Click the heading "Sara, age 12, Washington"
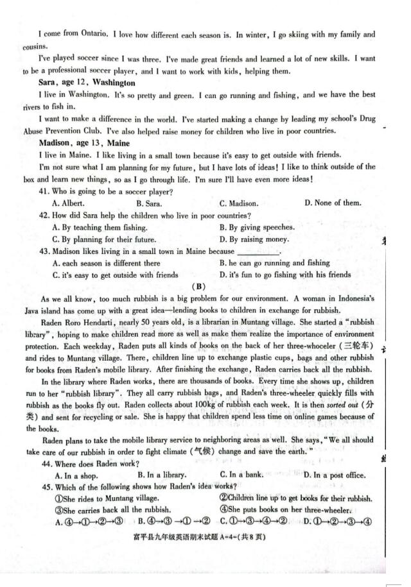87,83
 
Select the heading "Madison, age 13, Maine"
84,143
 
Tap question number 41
44,192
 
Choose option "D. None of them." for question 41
333,203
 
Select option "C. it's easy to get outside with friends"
116,275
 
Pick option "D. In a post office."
335,475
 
